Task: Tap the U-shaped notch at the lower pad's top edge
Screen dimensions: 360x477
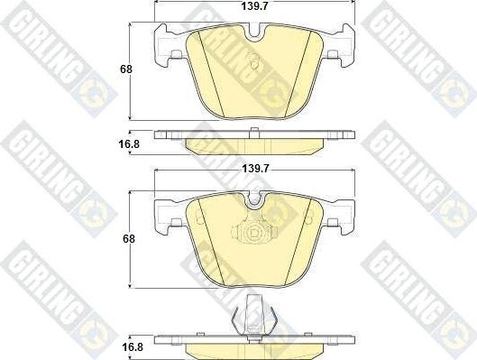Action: tap(257, 205)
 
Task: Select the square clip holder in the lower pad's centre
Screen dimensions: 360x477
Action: tap(257, 232)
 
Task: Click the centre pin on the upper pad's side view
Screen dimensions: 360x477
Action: tap(257, 133)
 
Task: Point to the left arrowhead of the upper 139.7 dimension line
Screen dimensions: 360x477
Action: tap(160, 15)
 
